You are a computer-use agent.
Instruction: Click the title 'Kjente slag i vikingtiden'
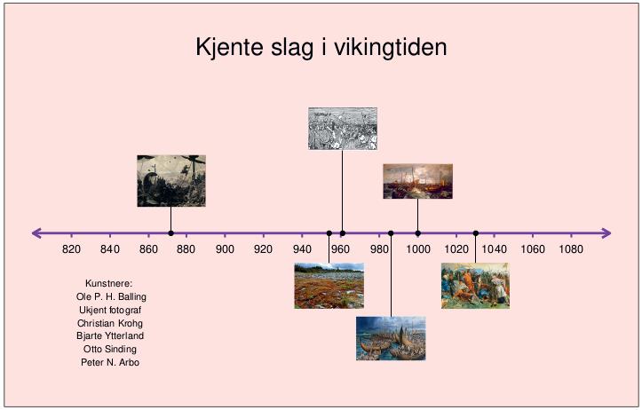coord(321,47)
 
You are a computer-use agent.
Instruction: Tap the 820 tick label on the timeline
coord(71,249)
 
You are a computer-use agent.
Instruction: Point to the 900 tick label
coord(225,249)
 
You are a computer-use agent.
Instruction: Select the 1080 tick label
coord(571,249)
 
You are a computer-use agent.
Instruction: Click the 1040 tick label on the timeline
coord(495,249)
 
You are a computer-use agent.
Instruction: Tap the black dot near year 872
coord(170,233)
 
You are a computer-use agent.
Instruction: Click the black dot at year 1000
coord(417,233)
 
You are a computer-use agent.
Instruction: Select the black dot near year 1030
coord(475,233)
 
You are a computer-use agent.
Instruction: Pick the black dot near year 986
coord(391,233)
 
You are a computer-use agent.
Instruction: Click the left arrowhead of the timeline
coord(36,233)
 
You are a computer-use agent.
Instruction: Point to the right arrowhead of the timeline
coord(606,233)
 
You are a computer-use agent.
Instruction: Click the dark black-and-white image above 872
coord(171,181)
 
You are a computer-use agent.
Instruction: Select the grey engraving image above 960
coord(343,129)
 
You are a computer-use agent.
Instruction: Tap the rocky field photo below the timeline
coord(329,286)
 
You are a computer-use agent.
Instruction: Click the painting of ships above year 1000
coord(417,181)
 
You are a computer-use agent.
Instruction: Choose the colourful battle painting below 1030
coord(475,286)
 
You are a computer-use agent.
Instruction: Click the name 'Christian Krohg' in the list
coord(110,323)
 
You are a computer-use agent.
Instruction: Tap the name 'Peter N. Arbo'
coord(110,363)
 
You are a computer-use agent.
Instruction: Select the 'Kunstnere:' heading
coord(109,284)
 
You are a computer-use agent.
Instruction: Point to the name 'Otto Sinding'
coord(110,349)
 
